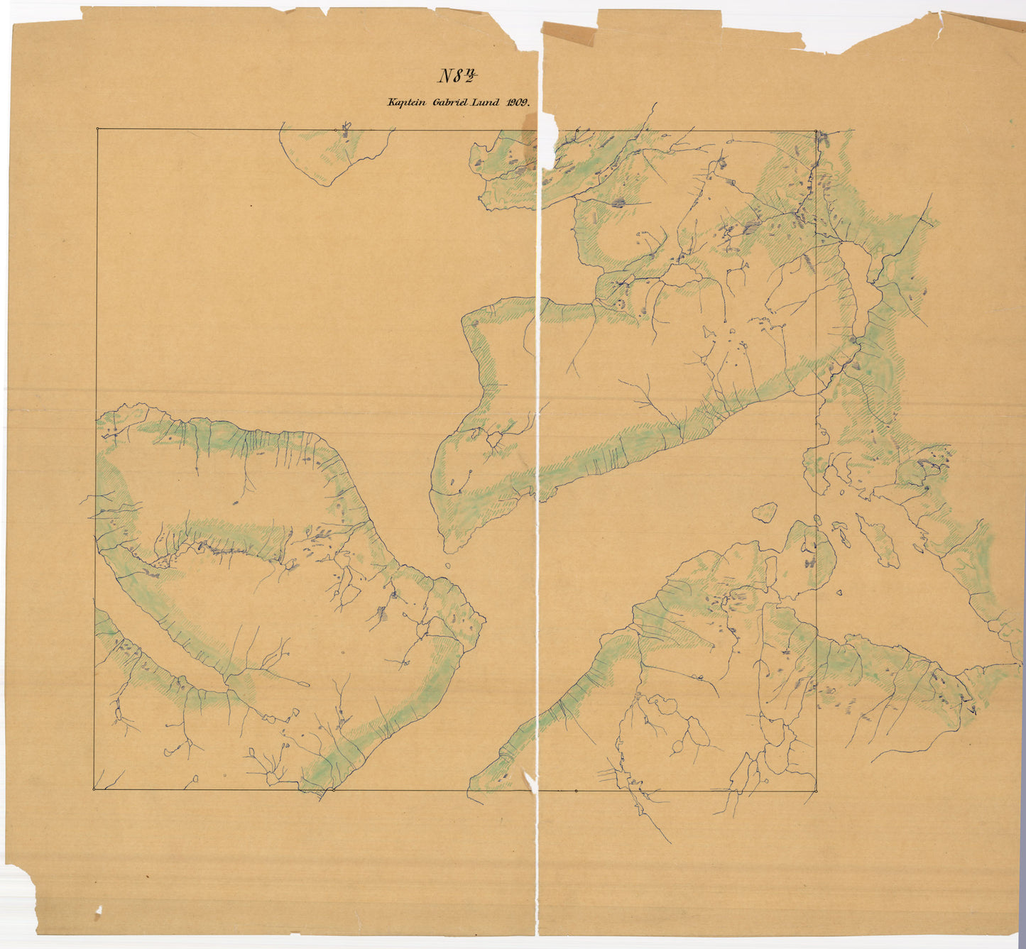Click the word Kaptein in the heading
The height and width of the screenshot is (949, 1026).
406,102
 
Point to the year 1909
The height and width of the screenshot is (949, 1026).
518,102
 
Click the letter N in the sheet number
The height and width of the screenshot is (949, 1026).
445,76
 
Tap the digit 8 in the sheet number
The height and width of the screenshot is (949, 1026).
459,76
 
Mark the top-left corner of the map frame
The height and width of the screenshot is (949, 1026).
97,129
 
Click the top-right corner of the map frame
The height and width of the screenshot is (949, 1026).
817,131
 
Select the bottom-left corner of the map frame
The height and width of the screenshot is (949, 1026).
94,789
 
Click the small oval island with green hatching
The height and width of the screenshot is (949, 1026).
765,512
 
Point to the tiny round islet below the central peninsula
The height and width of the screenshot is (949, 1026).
448,566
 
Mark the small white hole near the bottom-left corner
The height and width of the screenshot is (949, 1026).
98,910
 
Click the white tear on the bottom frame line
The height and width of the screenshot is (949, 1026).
530,781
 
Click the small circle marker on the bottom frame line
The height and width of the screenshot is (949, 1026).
576,790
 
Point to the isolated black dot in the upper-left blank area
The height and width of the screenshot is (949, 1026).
251,206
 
